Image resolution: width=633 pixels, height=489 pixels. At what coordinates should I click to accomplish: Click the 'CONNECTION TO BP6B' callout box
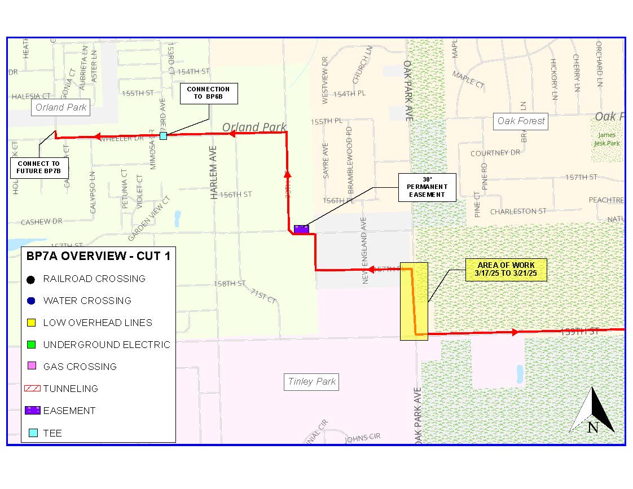point(208,94)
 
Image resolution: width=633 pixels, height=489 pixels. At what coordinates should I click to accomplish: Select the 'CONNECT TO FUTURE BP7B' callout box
point(38,167)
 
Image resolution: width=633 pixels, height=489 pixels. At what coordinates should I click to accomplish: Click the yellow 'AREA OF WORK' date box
point(506,270)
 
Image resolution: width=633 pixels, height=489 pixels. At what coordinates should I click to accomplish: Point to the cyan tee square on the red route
point(163,136)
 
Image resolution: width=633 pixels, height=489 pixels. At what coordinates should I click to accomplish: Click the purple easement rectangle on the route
point(301,229)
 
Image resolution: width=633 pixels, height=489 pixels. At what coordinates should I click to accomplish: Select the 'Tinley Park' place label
point(312,382)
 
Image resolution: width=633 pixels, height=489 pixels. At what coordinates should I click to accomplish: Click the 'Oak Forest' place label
point(521,121)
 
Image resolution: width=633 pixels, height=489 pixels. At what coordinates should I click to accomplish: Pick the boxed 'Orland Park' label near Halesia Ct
point(61,107)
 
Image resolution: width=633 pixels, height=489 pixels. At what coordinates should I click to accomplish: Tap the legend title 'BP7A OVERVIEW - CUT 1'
point(98,256)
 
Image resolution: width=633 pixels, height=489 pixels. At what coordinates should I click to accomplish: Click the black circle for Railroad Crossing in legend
point(32,279)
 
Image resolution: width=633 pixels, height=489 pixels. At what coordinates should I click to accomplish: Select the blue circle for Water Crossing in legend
point(32,301)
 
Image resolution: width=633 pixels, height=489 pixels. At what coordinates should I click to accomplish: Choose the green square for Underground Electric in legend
point(32,345)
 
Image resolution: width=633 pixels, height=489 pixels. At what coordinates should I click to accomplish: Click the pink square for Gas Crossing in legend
point(32,367)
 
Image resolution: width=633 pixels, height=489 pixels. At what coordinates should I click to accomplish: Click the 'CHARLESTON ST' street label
point(518,212)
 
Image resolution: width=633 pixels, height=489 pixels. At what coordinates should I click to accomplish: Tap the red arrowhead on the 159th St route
point(515,333)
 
